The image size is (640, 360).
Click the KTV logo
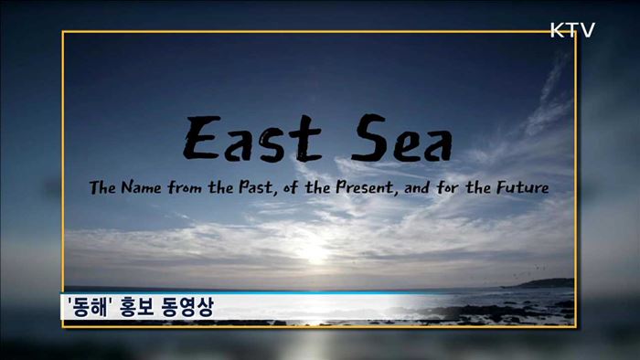pos(572,30)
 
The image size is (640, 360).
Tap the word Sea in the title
pos(397,142)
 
